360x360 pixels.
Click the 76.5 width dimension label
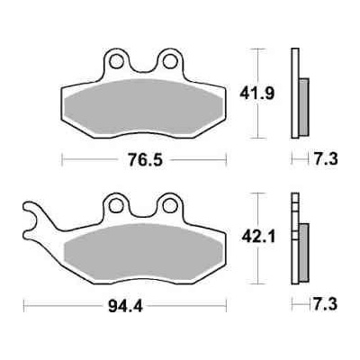point(145,159)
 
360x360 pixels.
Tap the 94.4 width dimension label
point(125,306)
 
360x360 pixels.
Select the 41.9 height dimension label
point(256,93)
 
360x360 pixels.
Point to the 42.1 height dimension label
point(258,237)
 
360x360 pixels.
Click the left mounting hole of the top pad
point(117,61)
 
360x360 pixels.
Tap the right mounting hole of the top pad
point(170,61)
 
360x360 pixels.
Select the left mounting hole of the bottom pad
point(116,206)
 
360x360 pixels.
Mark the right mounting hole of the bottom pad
point(170,206)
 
